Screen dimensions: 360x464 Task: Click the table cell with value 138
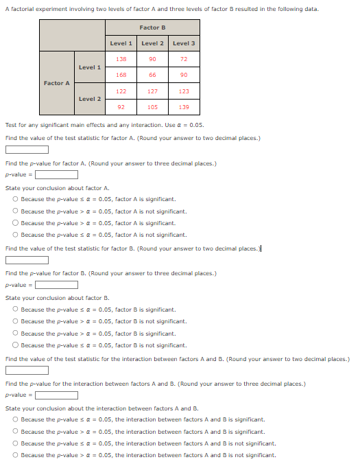121,60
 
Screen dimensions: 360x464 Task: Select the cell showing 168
121,75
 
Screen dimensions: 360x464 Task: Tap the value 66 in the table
152,75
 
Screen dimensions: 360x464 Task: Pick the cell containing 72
184,60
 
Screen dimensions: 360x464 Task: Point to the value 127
152,91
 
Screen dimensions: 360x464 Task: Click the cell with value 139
184,107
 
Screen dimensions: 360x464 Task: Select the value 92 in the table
121,107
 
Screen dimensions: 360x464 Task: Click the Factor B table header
152,27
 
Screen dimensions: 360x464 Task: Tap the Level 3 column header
184,43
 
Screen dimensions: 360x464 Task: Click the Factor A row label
57,83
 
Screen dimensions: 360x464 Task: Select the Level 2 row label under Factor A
90,99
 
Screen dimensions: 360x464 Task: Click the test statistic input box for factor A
27,150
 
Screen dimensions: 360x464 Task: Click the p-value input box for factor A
56,174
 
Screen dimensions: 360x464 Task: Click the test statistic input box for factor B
27,260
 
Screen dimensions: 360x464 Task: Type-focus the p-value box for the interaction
56,395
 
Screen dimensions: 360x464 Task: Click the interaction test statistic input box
27,371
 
